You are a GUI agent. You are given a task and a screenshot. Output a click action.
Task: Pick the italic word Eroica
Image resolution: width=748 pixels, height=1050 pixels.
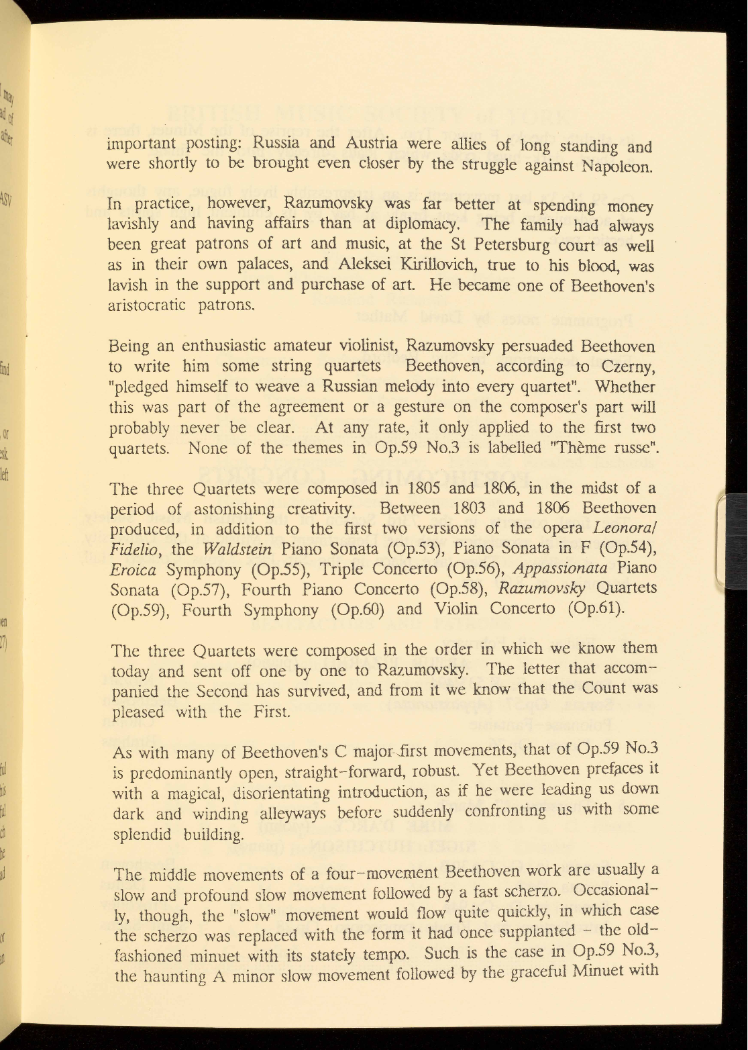point(133,570)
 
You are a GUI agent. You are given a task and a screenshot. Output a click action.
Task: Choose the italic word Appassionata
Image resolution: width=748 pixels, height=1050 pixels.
point(560,568)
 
